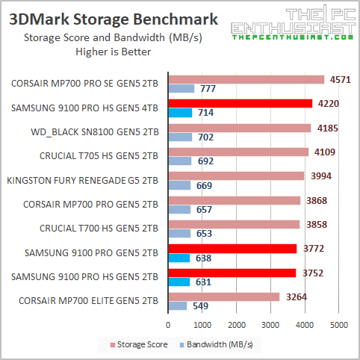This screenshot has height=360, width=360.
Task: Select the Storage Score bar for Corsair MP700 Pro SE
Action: coord(246,79)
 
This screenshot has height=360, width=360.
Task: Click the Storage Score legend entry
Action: coord(141,344)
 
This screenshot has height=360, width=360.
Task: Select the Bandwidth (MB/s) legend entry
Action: coord(216,344)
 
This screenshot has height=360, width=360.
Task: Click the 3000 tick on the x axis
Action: coord(271,325)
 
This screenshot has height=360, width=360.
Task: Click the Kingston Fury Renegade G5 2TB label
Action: coord(82,180)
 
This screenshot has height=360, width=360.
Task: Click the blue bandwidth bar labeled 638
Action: coord(180,258)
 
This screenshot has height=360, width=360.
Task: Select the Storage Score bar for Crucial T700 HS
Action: coord(234,224)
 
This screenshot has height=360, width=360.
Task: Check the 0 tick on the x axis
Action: coord(169,325)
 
